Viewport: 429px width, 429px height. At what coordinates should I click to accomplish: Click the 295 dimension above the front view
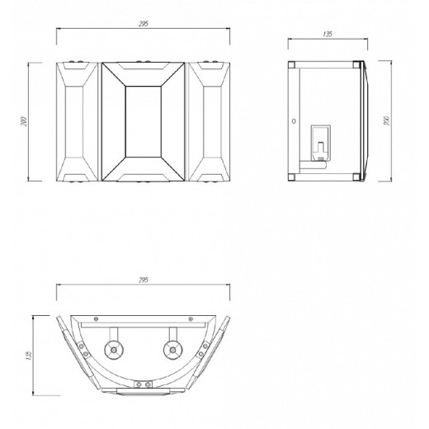pos(144,24)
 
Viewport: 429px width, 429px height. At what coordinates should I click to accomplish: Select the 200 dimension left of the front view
pos(24,121)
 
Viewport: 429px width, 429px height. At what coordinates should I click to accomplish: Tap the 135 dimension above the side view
pos(328,34)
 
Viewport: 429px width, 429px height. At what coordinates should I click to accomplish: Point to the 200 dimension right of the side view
pos(387,120)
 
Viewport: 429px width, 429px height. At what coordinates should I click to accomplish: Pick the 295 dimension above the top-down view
pos(144,280)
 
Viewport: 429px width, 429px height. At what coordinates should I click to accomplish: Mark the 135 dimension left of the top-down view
pos(28,356)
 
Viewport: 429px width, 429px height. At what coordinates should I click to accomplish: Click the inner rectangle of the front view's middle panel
pos(144,121)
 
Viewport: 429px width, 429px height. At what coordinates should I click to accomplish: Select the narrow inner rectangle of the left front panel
pos(74,122)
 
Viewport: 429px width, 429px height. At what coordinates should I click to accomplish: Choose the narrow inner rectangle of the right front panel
pos(213,122)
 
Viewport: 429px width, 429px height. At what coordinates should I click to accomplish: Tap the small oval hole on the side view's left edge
pos(294,121)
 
